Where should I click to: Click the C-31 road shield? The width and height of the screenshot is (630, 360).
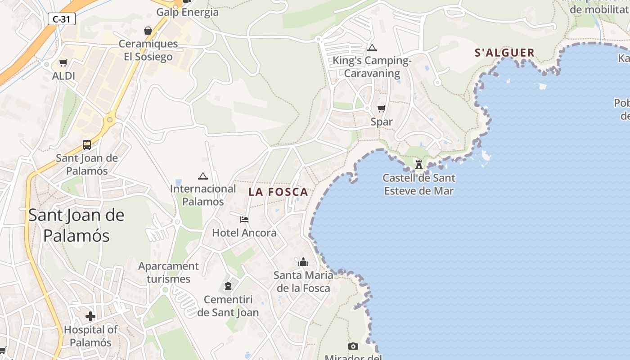[x=61, y=19]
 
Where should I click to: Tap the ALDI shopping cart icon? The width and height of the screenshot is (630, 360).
[x=63, y=63]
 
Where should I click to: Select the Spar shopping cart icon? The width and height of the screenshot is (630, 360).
[x=382, y=108]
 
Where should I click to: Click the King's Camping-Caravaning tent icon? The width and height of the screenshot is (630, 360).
[x=372, y=48]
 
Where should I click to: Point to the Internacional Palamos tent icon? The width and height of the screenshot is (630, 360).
[x=202, y=176]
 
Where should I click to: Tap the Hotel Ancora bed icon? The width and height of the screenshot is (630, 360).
[x=244, y=220]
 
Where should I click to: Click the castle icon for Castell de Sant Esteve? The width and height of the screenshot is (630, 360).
[x=419, y=164]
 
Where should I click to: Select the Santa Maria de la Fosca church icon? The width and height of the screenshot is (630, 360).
[x=303, y=262]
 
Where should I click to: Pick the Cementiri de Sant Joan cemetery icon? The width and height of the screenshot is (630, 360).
[x=228, y=286]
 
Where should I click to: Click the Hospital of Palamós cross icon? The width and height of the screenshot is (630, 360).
[x=90, y=316]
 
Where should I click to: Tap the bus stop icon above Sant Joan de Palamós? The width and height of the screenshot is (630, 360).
[x=87, y=145]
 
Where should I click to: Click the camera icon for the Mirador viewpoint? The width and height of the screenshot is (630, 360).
[x=353, y=346]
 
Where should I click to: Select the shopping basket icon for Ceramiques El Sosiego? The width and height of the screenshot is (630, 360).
[x=148, y=31]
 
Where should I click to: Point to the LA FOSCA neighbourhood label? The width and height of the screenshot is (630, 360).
[x=278, y=192]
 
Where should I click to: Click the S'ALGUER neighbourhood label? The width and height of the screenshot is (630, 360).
[x=504, y=53]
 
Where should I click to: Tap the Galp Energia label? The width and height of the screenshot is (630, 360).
[x=187, y=12]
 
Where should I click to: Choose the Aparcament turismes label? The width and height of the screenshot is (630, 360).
[x=168, y=272]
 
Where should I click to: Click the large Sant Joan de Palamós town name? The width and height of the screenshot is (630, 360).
[x=76, y=225]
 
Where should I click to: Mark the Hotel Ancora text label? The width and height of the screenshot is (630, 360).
[x=244, y=233]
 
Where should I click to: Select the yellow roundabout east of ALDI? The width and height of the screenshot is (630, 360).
[x=109, y=120]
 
